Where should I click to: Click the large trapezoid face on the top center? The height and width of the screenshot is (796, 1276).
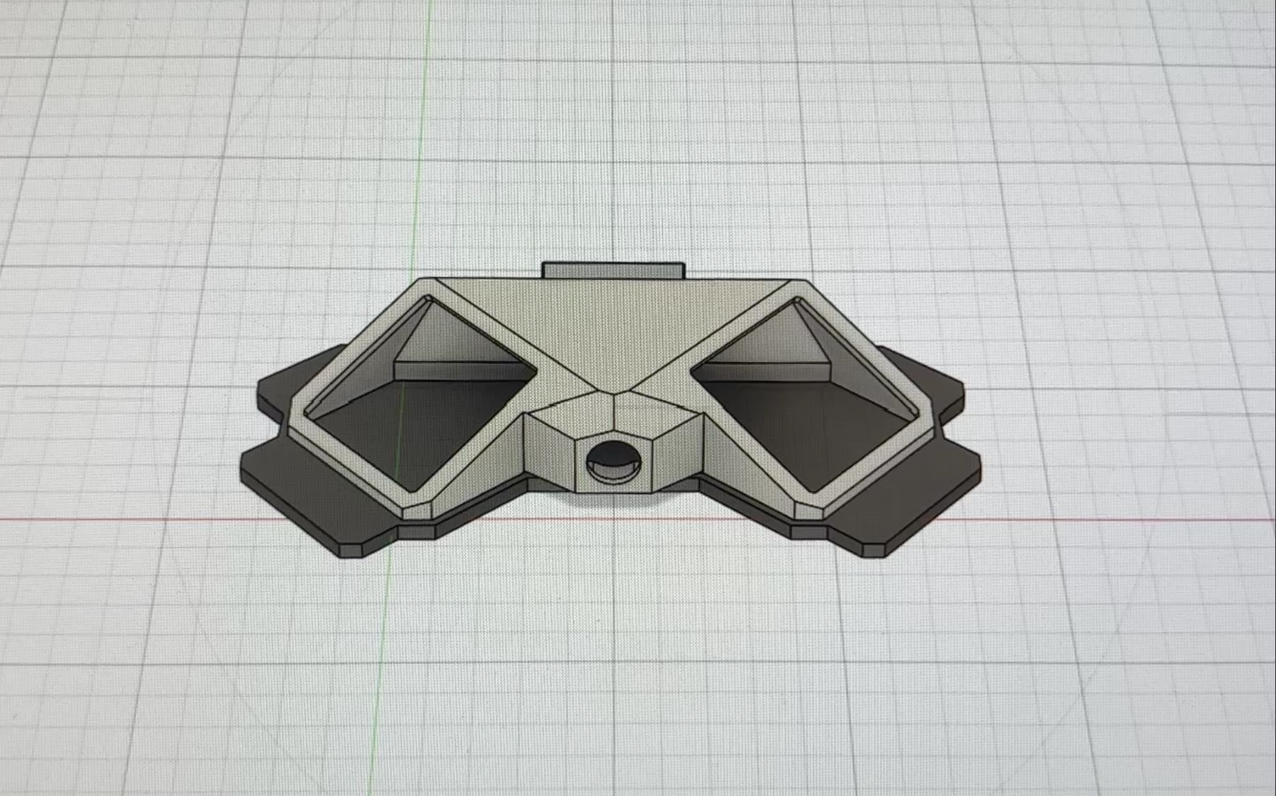(x=612, y=325)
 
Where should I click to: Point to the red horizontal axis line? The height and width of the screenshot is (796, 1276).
(x=138, y=518)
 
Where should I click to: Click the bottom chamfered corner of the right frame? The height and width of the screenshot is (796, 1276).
(x=811, y=509)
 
